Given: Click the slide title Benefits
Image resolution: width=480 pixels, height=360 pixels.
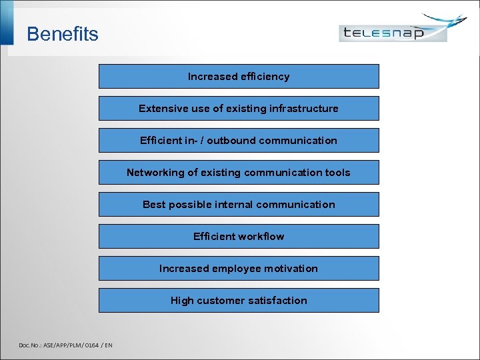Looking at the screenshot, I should click(x=62, y=34).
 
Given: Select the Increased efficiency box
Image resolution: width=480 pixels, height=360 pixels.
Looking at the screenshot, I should click(x=239, y=77).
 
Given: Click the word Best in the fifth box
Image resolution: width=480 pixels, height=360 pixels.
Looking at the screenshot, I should click(x=153, y=205).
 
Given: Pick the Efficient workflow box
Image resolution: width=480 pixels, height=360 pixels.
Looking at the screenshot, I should click(x=239, y=237).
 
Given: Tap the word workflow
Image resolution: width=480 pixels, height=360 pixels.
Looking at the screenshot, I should click(x=261, y=237).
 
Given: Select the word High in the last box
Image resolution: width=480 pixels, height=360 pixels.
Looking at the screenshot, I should click(x=182, y=301).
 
